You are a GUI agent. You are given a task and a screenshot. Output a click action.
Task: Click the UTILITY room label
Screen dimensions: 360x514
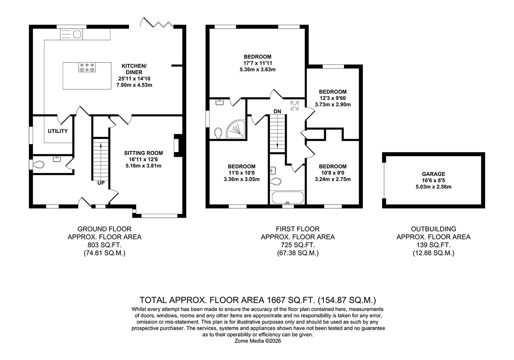pyautogui.click(x=58, y=131)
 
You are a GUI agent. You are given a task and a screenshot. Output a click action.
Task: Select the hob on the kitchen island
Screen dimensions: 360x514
pyautogui.click(x=87, y=68)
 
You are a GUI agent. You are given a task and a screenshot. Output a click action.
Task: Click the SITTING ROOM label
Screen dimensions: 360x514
pyautogui.click(x=143, y=153)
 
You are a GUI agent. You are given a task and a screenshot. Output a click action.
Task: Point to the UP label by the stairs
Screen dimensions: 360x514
pyautogui.click(x=101, y=183)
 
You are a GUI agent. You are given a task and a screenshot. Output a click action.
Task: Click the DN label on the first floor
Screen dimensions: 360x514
pyautogui.click(x=277, y=111)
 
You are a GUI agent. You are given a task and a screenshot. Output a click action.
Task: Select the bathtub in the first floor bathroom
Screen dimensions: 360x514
pyautogui.click(x=287, y=198)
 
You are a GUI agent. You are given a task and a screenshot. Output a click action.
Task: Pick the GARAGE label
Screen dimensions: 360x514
pyautogui.click(x=433, y=174)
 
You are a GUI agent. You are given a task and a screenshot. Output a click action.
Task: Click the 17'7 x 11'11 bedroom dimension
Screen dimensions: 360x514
pyautogui.click(x=257, y=63)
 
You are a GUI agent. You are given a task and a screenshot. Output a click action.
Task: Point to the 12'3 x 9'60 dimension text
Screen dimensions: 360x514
pyautogui.click(x=333, y=98)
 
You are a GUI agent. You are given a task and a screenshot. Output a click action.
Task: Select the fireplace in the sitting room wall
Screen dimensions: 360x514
pyautogui.click(x=177, y=145)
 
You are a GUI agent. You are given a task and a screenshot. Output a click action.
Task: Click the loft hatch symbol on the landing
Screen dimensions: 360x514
pyautogui.click(x=294, y=106)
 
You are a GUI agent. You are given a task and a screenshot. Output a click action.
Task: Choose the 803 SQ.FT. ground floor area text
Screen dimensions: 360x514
pyautogui.click(x=104, y=245)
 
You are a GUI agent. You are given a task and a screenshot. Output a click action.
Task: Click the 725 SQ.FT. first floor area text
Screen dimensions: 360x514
pyautogui.click(x=297, y=245)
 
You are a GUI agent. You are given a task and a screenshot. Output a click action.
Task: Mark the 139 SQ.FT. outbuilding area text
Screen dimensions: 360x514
pyautogui.click(x=433, y=245)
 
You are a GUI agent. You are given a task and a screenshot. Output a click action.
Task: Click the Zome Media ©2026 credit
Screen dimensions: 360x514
pyautogui.click(x=258, y=341)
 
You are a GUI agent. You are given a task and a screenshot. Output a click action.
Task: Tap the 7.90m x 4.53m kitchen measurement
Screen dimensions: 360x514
pyautogui.click(x=134, y=85)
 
